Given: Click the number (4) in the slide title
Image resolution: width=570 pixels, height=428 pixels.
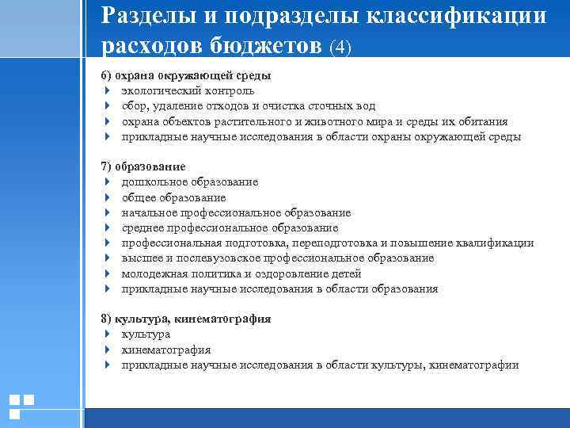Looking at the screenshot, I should tap(341, 47).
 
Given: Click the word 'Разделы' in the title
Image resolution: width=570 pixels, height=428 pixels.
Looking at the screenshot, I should tap(146, 16).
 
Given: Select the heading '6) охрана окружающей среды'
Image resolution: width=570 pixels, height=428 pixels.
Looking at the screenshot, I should tap(186, 76).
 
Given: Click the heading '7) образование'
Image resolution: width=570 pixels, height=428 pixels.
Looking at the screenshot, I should tap(143, 167).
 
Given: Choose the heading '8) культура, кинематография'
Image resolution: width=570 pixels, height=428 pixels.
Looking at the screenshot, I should tap(186, 319).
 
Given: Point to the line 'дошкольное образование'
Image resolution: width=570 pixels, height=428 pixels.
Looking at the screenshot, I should tap(190, 182).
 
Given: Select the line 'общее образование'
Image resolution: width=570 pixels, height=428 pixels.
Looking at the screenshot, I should tap(173, 197).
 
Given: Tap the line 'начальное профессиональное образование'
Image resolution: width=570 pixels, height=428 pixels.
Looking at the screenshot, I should tap(236, 212).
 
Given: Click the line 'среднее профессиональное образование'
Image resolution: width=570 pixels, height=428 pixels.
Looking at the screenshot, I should tap(230, 228).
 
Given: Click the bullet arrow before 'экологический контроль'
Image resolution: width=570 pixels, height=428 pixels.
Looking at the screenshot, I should tap(106, 91).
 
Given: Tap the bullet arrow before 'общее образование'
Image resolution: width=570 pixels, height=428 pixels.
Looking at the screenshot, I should tap(106, 197).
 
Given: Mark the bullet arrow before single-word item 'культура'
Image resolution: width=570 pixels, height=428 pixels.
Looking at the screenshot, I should tap(106, 334).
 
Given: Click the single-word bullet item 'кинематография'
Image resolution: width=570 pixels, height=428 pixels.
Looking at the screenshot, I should tap(166, 350).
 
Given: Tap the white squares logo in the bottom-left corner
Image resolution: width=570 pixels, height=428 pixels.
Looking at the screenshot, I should tap(21, 406).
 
